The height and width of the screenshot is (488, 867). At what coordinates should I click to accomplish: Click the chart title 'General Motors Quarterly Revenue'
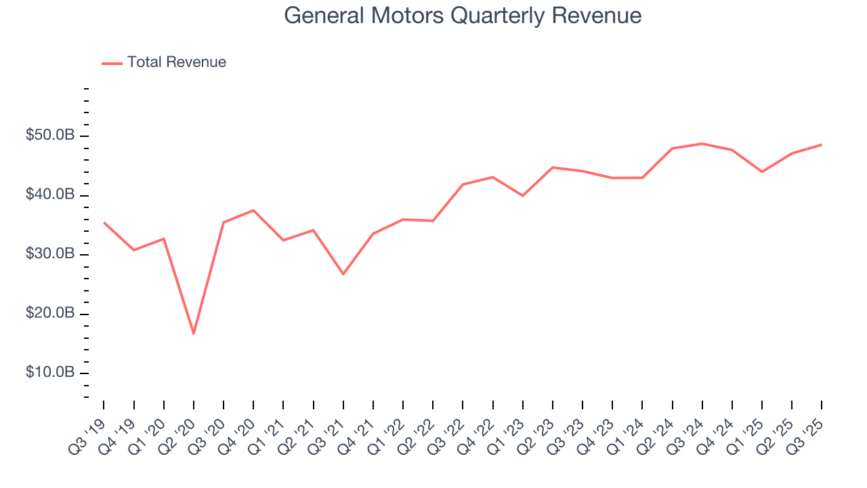tap(463, 15)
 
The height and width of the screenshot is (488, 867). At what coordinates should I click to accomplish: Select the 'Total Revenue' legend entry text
tap(176, 62)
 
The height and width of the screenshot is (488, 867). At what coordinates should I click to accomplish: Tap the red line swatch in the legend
tap(112, 63)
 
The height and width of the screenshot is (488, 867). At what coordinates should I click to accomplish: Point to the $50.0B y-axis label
tap(50, 136)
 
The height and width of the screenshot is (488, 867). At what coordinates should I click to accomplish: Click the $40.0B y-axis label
tap(50, 195)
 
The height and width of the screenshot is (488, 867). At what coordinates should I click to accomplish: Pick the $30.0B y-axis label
tap(50, 254)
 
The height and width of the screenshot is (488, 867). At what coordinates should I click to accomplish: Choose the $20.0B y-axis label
tap(50, 314)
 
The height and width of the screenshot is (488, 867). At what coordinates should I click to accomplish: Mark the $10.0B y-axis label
tap(50, 373)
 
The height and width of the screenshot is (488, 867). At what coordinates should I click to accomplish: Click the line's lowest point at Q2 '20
tap(194, 333)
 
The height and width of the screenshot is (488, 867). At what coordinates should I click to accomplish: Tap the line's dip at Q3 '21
tap(343, 274)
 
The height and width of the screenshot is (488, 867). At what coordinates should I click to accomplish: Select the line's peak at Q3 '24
tap(702, 144)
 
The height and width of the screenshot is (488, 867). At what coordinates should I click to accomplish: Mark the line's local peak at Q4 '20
tap(253, 210)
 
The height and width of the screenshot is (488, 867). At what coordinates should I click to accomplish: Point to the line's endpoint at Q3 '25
tap(822, 144)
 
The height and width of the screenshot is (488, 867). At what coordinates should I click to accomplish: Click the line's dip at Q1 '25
tap(762, 171)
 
